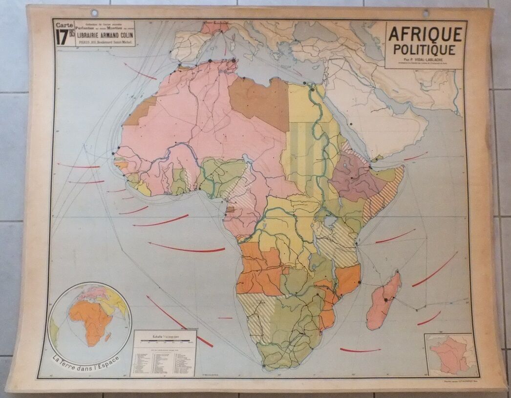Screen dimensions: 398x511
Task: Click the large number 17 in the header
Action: pos(62,37)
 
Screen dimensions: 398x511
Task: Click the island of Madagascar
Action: pos(384,300)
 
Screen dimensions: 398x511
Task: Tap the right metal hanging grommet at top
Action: pos(426,13)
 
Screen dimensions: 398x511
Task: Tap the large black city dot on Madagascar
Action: pos(385,299)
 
